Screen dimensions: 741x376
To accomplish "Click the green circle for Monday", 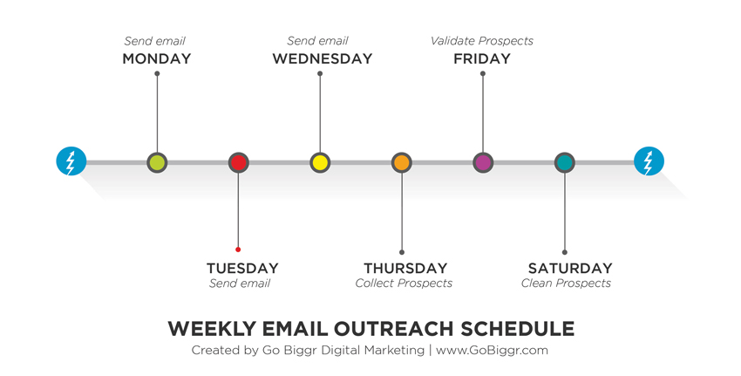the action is point(157,162).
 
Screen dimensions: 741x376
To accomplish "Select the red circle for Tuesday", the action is point(239,162).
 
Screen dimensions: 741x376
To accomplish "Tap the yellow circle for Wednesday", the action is point(320,162).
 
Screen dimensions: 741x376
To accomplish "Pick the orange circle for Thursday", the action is point(402,162).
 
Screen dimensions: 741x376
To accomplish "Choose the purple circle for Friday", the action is point(483,162).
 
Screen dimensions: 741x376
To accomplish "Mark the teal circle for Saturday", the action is point(565,162).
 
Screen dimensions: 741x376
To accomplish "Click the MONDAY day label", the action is point(157,58).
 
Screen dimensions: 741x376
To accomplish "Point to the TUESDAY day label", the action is point(242,268).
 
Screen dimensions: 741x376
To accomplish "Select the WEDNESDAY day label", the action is point(323,58).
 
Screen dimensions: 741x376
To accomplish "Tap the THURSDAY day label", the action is point(405,268).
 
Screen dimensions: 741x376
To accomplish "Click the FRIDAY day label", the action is point(482,58).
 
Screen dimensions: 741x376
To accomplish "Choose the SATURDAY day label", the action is point(570,268).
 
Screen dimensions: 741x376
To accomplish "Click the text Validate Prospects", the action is point(482,41).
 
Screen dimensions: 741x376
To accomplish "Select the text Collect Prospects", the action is point(404,284).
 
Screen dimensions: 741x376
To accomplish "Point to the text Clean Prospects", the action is point(566,284).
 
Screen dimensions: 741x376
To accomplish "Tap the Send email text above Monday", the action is point(155,41).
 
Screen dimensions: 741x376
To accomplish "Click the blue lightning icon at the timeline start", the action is point(71,161).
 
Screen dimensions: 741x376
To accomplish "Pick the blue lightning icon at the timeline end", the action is point(649,161).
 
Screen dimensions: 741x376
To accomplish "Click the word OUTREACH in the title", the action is point(395,329).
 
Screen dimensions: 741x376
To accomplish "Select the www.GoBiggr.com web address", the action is point(492,351).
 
